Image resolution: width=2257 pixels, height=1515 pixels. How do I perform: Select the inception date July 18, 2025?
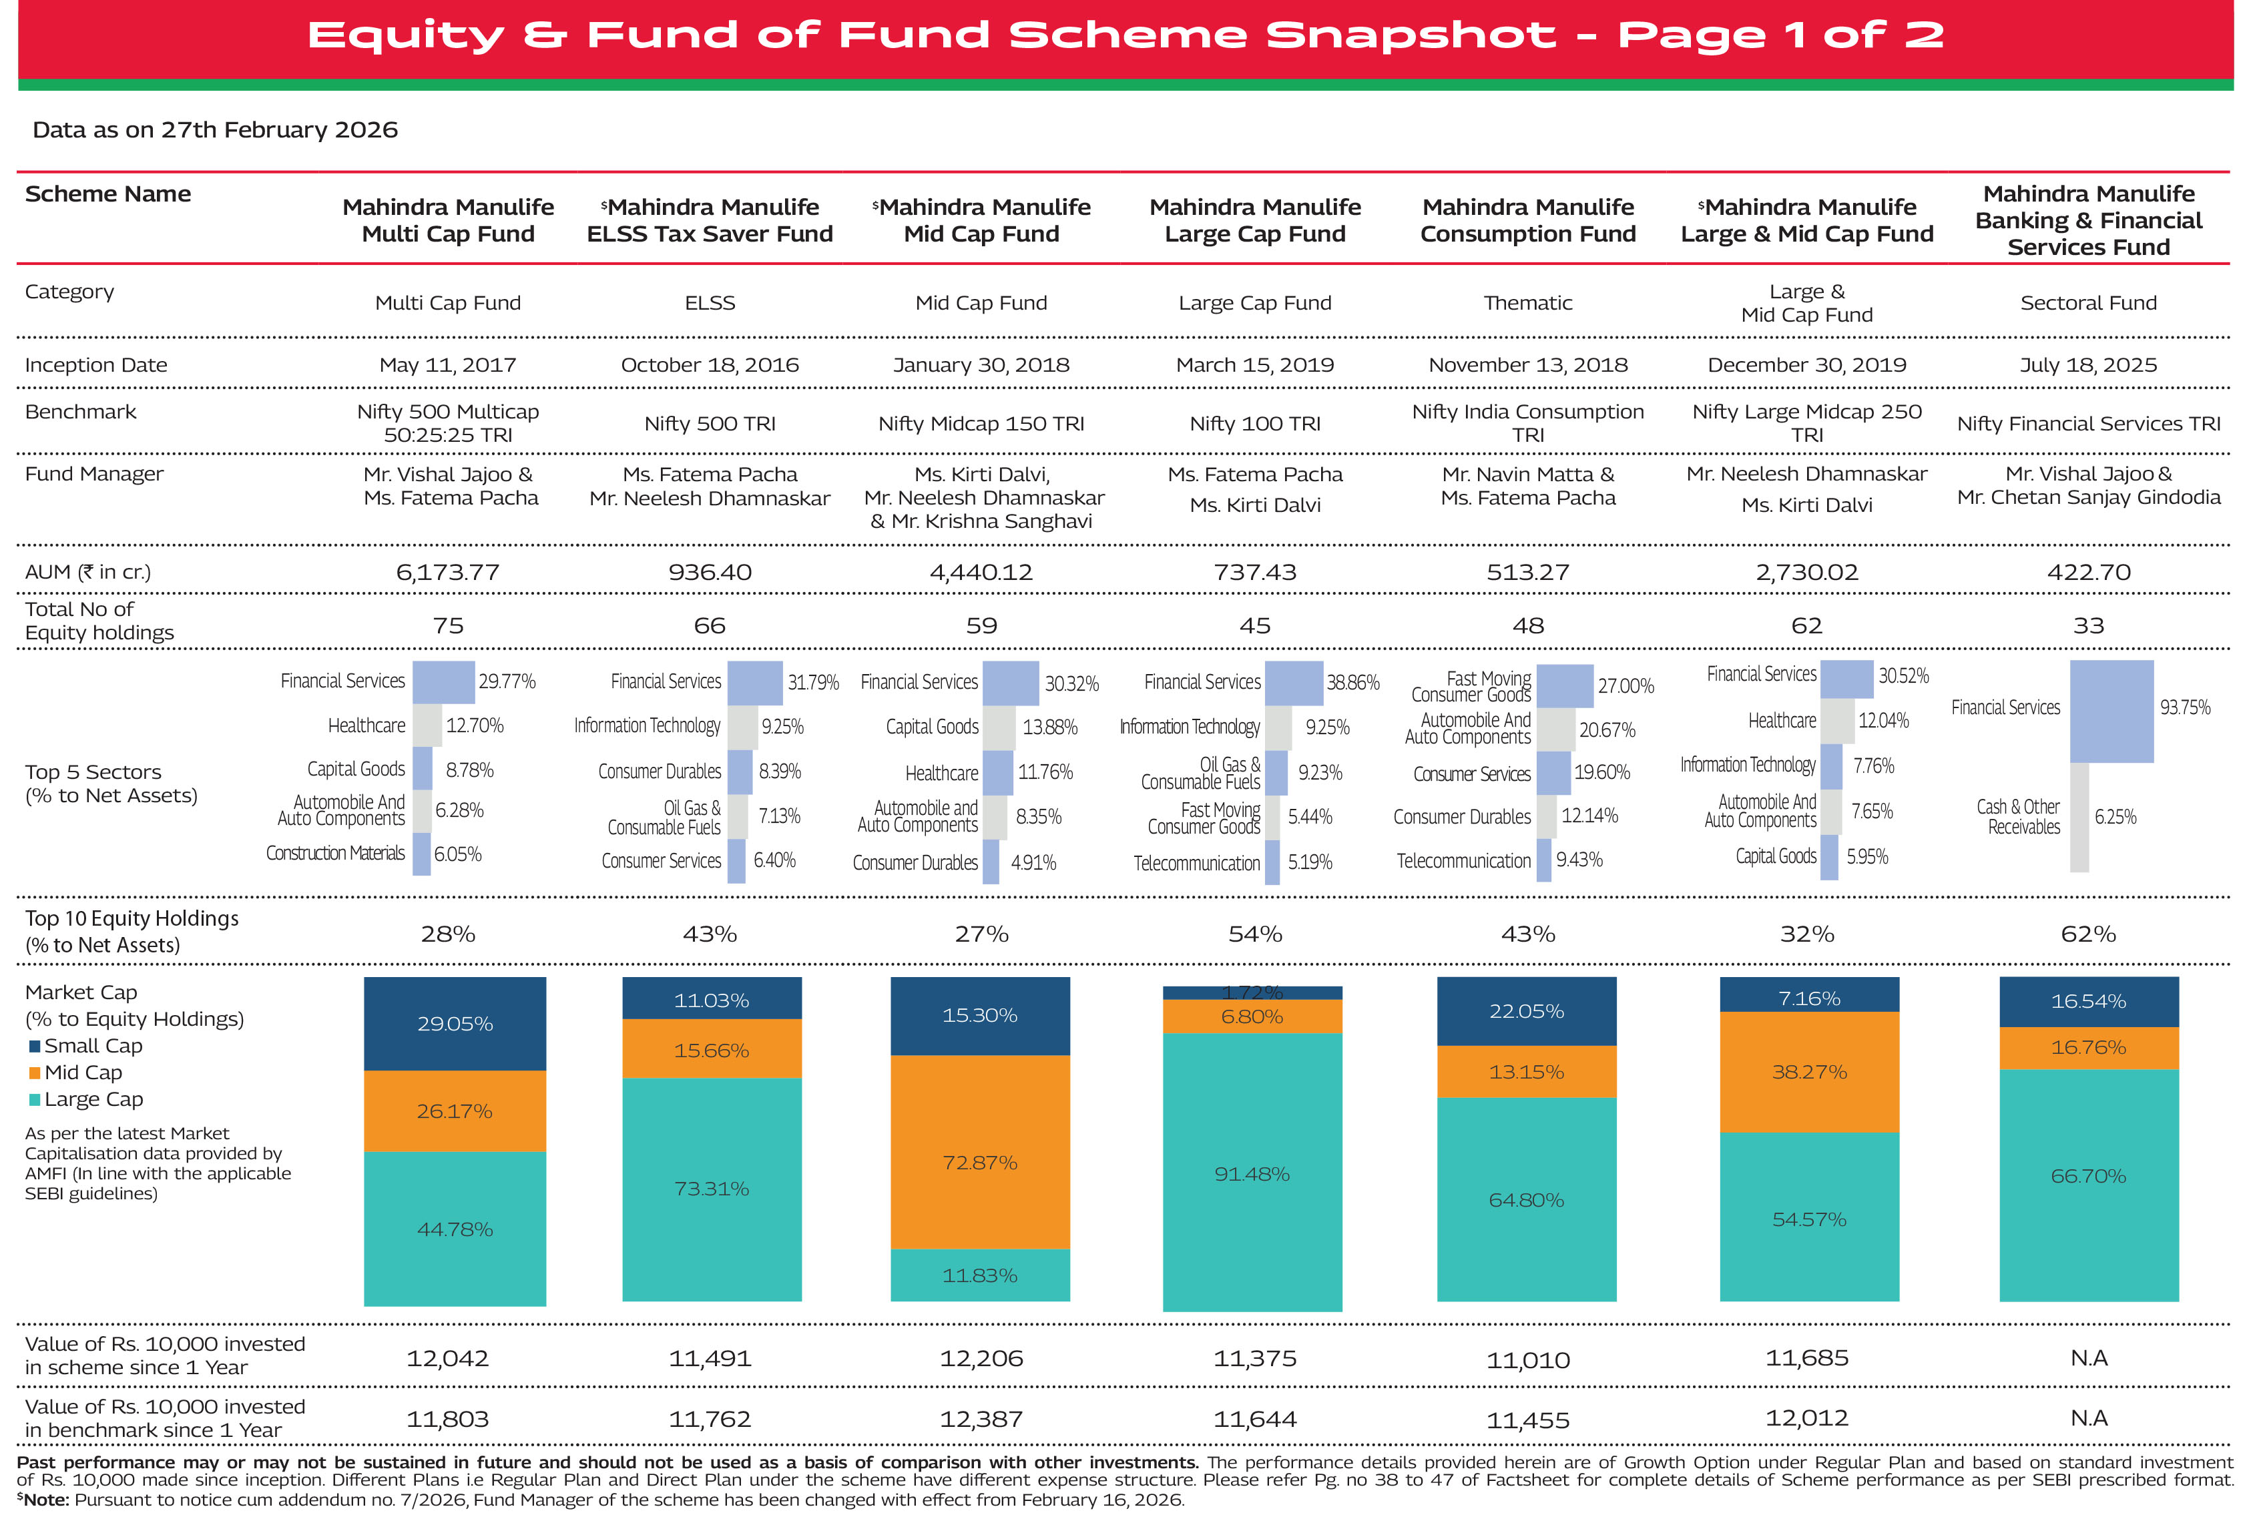click(x=2088, y=365)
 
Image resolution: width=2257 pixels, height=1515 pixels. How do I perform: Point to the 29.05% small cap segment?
click(x=455, y=1023)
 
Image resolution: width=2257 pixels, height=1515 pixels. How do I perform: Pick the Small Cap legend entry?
click(x=86, y=1045)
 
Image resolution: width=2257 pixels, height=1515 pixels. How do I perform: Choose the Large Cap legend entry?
click(x=86, y=1099)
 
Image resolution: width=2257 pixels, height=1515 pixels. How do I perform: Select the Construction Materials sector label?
click(x=335, y=853)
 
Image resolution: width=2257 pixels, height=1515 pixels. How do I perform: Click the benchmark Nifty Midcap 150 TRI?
click(x=981, y=423)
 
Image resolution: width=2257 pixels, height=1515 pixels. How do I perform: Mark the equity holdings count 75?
click(x=449, y=626)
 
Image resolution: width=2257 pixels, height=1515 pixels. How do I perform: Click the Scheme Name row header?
click(x=108, y=194)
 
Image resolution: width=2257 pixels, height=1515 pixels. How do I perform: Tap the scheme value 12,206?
click(x=981, y=1358)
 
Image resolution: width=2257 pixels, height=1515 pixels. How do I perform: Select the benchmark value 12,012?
click(x=1807, y=1418)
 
